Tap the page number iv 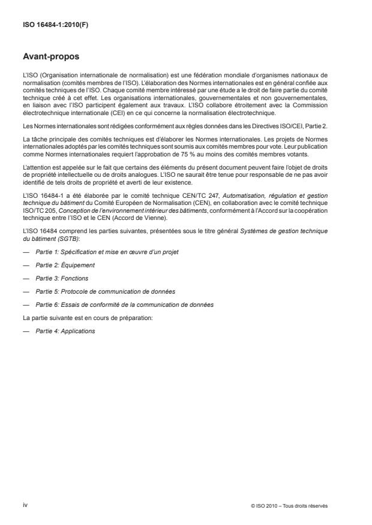(x=25, y=505)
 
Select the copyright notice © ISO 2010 (x=290, y=506)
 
